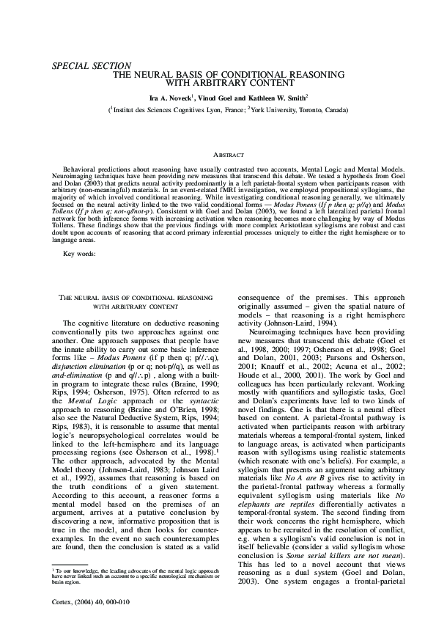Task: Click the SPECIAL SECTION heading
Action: (x=92, y=66)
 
